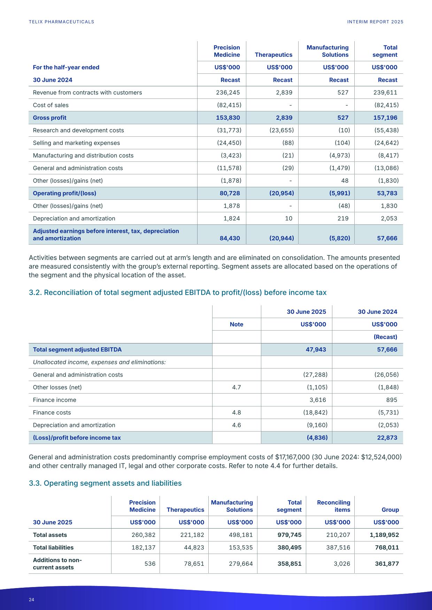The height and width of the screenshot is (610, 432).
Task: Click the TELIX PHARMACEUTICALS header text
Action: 61,22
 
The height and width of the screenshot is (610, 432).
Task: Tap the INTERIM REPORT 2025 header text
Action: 375,22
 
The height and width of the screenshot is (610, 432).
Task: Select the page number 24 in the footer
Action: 32,600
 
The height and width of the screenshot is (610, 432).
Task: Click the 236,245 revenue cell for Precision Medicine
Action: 228,93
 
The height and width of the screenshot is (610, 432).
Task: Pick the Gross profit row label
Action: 49,118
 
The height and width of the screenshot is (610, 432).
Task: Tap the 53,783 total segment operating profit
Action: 387,193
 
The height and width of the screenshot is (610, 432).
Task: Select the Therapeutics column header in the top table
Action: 273,55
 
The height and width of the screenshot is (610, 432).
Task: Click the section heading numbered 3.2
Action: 178,292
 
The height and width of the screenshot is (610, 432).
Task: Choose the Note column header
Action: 237,324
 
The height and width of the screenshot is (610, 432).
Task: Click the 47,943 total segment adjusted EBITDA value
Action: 316,349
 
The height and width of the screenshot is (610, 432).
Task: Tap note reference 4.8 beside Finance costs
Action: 237,412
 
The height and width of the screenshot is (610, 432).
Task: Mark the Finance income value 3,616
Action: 318,400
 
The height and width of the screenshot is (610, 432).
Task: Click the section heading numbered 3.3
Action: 105,483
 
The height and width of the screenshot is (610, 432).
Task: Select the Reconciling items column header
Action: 333,506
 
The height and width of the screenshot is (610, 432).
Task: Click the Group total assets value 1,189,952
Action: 384,535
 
